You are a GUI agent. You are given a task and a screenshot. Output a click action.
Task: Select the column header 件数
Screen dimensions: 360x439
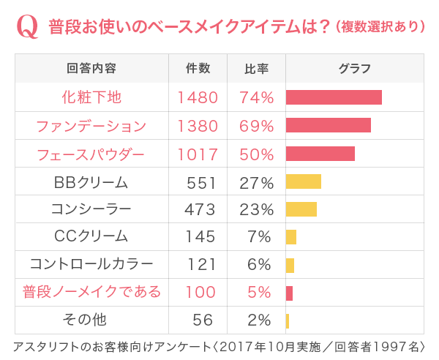click(x=198, y=69)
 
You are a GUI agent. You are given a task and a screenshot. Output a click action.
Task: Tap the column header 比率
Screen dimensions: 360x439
click(x=256, y=69)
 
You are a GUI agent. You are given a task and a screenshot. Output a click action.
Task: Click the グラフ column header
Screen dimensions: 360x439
click(x=354, y=69)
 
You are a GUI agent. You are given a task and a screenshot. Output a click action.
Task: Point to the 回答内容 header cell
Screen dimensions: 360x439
click(x=91, y=69)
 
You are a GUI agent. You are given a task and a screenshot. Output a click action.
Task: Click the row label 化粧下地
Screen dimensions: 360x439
click(x=91, y=97)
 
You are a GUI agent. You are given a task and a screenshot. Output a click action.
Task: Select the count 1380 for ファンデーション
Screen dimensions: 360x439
click(x=198, y=126)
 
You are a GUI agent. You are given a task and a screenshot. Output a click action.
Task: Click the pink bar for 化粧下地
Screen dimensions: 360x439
click(x=334, y=97)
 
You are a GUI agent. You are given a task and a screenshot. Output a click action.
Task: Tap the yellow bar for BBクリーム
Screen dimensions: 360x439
click(x=304, y=181)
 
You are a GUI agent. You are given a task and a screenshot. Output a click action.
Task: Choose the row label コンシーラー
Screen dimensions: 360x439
click(x=91, y=210)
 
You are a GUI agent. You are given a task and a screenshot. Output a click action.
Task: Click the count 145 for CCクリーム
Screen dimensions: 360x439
click(x=200, y=237)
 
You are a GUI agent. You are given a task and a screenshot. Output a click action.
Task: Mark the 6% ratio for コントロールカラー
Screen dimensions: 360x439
click(x=260, y=265)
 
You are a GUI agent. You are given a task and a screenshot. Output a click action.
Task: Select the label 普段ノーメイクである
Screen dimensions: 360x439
click(x=91, y=293)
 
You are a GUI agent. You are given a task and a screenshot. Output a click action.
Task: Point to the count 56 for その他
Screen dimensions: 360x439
click(x=203, y=320)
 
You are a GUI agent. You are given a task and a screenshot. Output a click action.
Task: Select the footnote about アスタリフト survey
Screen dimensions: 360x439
click(x=219, y=346)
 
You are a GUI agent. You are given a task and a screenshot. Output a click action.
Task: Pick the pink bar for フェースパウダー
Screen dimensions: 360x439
click(x=320, y=154)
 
